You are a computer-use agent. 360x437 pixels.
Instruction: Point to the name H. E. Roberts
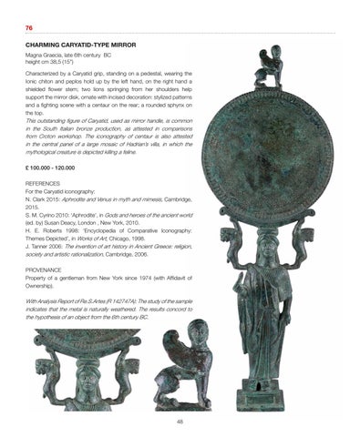(x=45, y=230)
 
